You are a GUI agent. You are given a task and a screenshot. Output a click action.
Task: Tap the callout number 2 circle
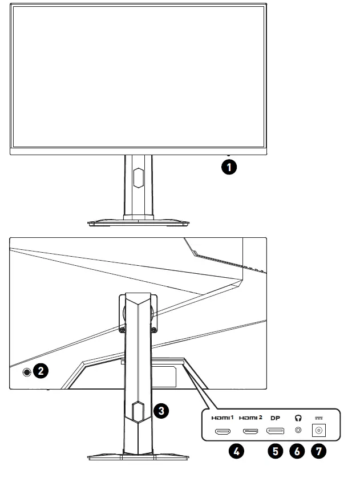pos(41,371)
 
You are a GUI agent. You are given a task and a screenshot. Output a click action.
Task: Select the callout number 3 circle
pos(162,410)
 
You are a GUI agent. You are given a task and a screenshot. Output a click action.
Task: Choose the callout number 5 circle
pos(276,451)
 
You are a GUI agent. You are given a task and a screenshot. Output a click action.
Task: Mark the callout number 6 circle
pos(297,451)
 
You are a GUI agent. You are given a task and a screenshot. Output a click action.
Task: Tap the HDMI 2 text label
pos(251,418)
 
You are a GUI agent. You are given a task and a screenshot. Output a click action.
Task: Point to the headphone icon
pos(297,417)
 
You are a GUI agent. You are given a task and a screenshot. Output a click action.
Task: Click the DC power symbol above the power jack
pos(318,418)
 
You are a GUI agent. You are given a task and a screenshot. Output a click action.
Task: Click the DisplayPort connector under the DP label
pos(276,431)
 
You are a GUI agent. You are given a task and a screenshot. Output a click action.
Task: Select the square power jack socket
pos(318,431)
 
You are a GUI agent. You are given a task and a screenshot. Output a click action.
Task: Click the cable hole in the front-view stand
pos(137,178)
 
